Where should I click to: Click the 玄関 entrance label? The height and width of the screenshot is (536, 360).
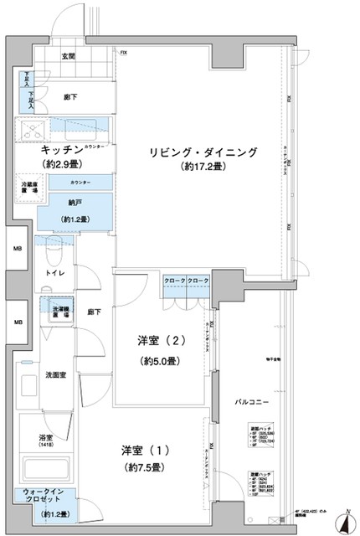[x=68, y=57]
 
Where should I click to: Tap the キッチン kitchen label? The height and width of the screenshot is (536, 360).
[x=56, y=151]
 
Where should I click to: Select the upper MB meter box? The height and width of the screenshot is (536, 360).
[x=17, y=248]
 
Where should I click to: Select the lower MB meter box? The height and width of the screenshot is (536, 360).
[x=17, y=322]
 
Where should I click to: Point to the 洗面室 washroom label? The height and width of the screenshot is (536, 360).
[x=56, y=374]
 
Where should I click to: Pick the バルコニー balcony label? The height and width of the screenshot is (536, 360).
[x=250, y=403]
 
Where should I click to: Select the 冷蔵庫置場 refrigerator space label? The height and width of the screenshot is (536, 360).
[x=33, y=188]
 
